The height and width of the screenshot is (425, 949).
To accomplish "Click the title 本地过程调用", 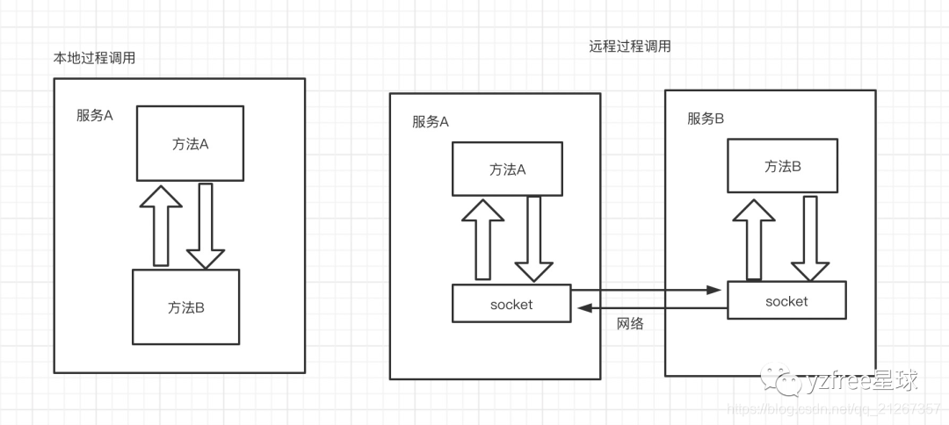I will pos(95,58).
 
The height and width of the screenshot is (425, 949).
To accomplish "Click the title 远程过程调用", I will pos(629,47).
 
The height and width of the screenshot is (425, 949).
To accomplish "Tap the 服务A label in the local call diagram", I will pos(95,115).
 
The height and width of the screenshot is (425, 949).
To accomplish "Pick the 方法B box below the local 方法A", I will pos(185,306).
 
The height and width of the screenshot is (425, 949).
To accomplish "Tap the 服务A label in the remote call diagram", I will pos(431,122).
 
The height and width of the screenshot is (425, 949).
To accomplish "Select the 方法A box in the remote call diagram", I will pos(507,169).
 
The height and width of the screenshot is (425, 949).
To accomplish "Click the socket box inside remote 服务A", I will pos(511,304).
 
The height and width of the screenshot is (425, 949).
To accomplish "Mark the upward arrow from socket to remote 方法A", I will pos(482,240).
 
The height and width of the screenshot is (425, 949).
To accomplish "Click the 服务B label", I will pos(706,119).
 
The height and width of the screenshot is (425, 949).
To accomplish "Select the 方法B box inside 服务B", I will pos(782,166).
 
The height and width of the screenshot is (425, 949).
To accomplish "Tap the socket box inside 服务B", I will pos(786,300).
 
